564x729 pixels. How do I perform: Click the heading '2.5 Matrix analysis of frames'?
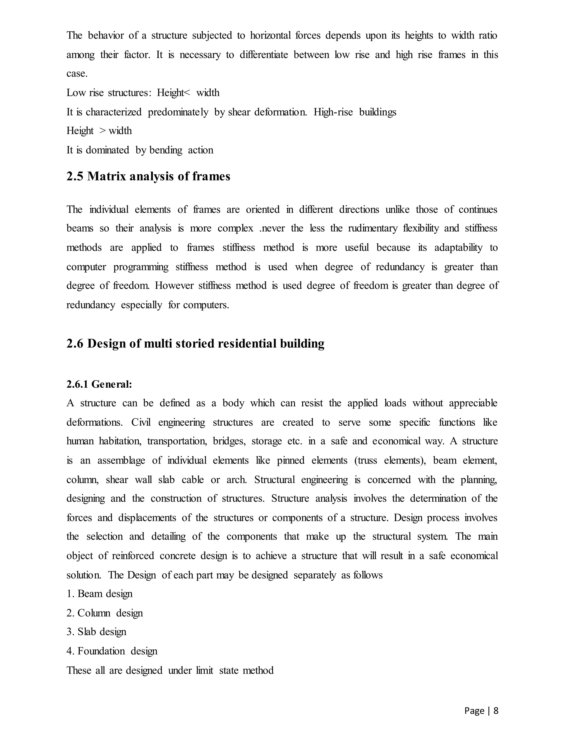pos(148,176)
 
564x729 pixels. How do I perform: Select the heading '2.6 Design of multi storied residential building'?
pos(195,344)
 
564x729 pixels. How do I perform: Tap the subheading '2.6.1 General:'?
pos(99,384)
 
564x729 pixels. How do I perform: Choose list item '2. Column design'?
pos(105,613)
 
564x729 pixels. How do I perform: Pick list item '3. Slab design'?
pos(97,632)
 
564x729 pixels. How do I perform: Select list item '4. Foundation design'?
pos(112,651)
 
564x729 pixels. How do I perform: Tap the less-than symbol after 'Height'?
pos(187,93)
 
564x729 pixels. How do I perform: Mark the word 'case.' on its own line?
pos(77,74)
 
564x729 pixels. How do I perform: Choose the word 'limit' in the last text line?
pos(205,670)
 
